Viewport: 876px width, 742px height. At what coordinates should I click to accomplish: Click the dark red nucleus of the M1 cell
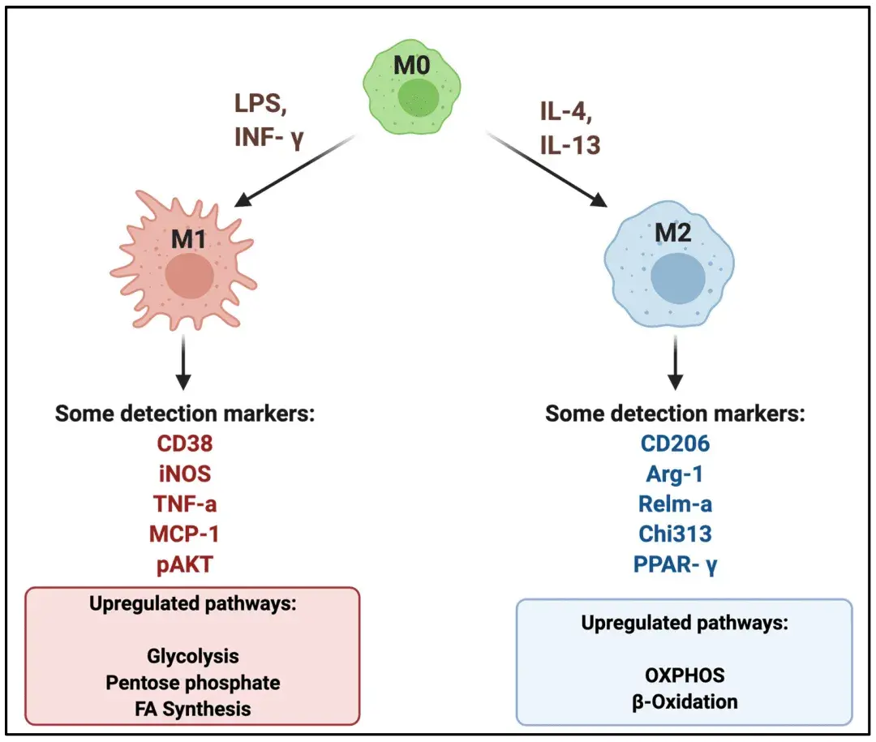(189, 277)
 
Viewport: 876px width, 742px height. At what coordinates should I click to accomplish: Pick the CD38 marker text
(185, 444)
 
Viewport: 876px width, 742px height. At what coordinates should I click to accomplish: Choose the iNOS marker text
(185, 474)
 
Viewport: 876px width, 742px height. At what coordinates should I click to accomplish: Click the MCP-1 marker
(185, 534)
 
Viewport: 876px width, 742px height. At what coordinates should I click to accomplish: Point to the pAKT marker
(185, 564)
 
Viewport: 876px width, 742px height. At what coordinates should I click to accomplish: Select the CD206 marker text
(675, 444)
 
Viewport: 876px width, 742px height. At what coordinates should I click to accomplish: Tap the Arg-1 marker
(675, 474)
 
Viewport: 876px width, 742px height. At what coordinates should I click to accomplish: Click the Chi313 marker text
(675, 534)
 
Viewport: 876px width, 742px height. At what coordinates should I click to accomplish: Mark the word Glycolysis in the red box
(193, 655)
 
